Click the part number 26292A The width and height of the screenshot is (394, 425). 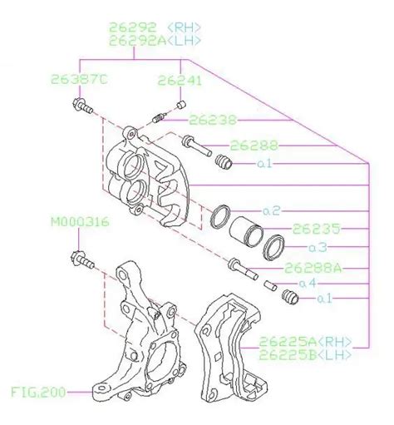pos(138,41)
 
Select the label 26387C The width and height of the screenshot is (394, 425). pos(79,80)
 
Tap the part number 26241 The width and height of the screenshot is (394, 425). pos(180,81)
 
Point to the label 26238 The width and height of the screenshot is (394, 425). pos(213,120)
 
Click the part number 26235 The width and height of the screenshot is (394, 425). pos(316,229)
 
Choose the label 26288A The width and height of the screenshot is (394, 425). pos(313,268)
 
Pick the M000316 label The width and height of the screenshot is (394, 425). pos(80,222)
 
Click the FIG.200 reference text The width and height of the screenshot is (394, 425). pos(38,393)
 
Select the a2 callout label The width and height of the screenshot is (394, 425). pos(272,211)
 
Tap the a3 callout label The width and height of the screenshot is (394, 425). pos(318,247)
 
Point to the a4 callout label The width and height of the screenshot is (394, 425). pos(308,283)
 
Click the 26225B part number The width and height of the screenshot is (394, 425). pos(288,355)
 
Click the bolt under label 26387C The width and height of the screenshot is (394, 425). pos(82,107)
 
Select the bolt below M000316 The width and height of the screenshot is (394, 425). pos(82,259)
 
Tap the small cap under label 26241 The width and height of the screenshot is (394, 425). pos(180,106)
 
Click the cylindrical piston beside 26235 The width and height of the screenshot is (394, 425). pos(246,231)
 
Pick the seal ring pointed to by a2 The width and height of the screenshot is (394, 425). pos(220,217)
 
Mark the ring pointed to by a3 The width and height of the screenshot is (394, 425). pos(273,247)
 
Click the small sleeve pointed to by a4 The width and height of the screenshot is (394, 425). pos(270,285)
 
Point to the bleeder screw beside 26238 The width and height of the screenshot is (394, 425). pos(160,118)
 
